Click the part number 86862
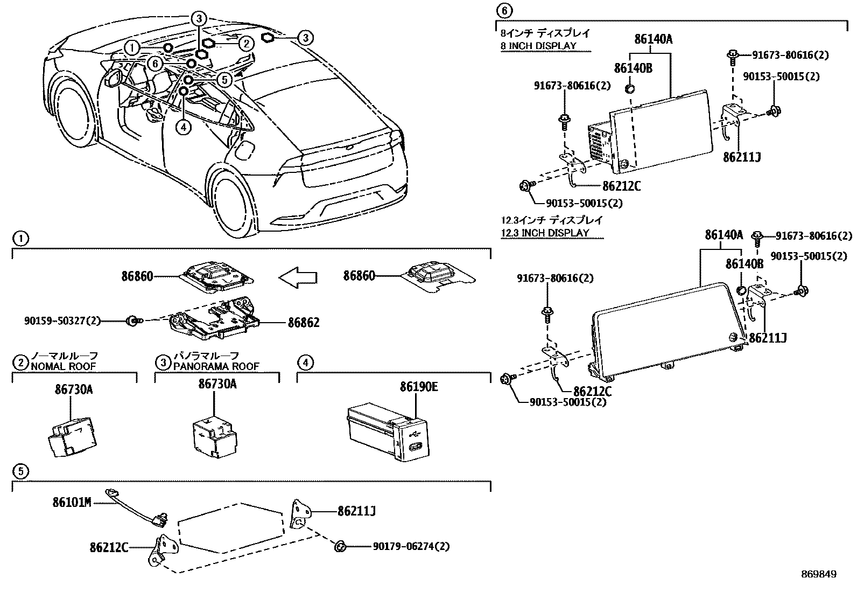303,323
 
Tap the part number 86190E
418,387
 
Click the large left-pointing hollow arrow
298,277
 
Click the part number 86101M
72,503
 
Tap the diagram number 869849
818,574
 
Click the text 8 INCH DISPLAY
538,46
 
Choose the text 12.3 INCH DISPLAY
545,233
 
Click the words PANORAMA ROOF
216,366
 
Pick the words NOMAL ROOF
64,366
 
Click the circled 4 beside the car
184,127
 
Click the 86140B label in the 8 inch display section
633,67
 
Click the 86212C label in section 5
109,547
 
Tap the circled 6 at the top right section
503,10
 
